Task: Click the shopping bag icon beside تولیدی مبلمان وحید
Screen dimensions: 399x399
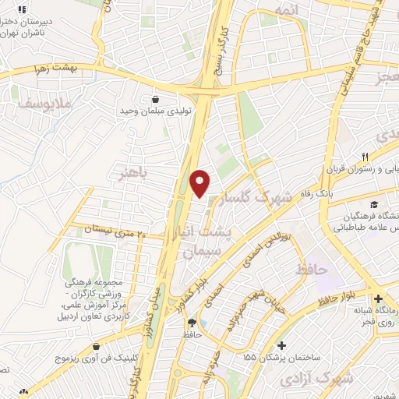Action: point(156,100)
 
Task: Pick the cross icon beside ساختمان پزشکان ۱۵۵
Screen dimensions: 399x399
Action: point(281,345)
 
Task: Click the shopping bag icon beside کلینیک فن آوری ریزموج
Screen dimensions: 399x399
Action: point(96,347)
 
